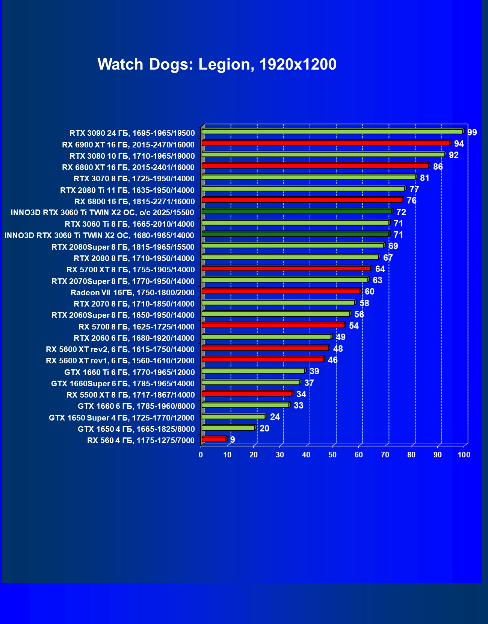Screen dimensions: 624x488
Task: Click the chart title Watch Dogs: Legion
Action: pos(217,64)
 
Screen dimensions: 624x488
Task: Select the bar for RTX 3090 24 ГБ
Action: pos(332,132)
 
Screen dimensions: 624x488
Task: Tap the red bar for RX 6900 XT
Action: pos(325,143)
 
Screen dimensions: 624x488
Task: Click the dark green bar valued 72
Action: pos(296,211)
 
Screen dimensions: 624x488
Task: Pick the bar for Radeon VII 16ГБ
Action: pos(281,291)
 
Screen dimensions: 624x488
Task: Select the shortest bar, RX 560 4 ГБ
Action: pos(213,439)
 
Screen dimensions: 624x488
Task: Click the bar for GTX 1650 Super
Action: pos(233,416)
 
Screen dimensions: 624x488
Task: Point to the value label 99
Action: pos(472,132)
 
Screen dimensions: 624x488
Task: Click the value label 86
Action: pos(438,167)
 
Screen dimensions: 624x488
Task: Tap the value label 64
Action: pos(380,269)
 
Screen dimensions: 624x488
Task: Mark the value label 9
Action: pos(233,440)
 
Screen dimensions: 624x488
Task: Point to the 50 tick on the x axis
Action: pos(332,455)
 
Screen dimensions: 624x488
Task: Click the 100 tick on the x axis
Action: pos(464,455)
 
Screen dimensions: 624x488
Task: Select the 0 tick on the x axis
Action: pos(201,455)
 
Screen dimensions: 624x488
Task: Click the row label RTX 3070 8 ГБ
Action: pos(134,179)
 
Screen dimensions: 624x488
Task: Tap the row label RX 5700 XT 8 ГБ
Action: pos(131,270)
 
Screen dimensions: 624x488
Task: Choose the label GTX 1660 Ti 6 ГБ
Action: pos(130,372)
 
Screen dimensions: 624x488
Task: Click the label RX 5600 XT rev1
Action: pos(120,361)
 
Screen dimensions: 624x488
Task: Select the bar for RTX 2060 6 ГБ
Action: pos(266,337)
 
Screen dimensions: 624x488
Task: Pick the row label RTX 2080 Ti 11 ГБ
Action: pos(127,190)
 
